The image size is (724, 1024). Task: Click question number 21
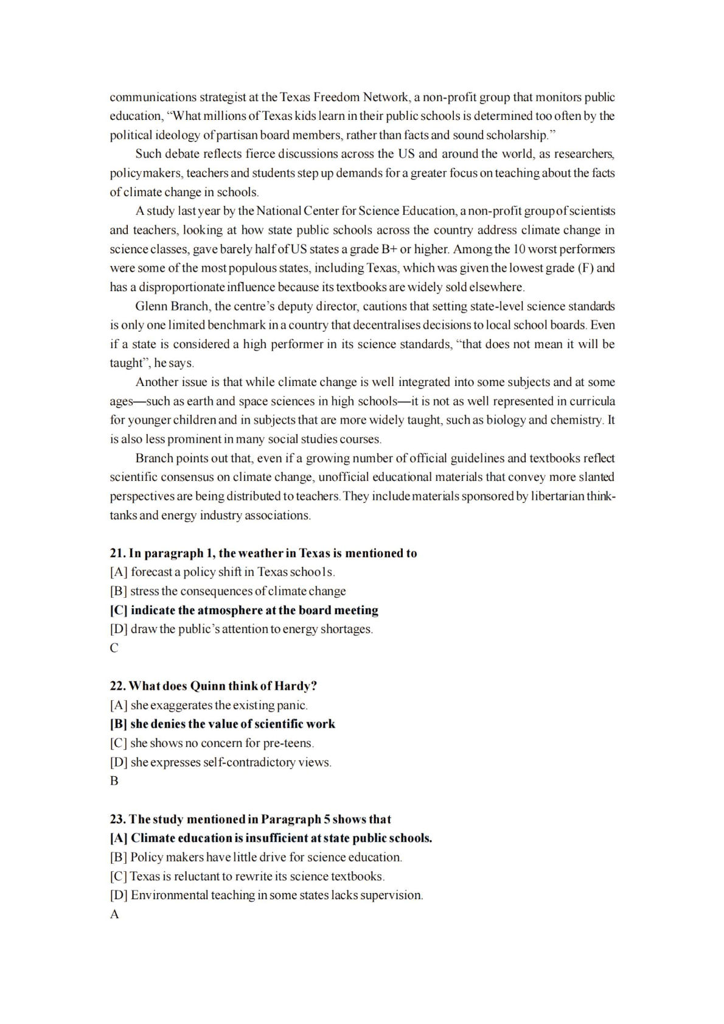pyautogui.click(x=117, y=553)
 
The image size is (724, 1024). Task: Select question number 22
pyautogui.click(x=117, y=686)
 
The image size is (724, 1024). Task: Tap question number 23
pyautogui.click(x=117, y=819)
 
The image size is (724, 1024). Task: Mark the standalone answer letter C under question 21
pyautogui.click(x=114, y=648)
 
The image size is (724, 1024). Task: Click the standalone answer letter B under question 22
pyautogui.click(x=114, y=781)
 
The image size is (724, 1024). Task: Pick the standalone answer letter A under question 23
pyautogui.click(x=114, y=914)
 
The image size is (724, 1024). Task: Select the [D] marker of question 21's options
pyautogui.click(x=119, y=629)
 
